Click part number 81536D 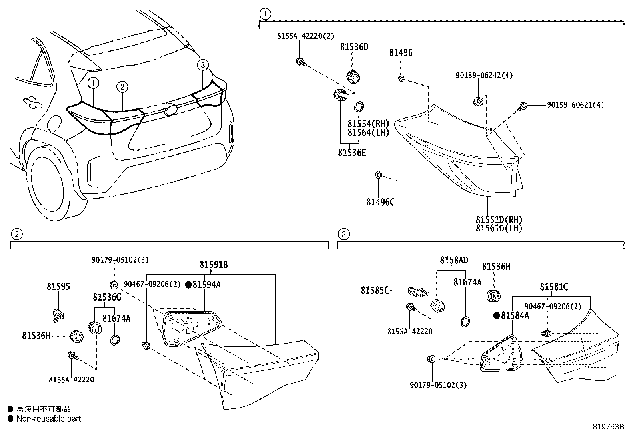354,47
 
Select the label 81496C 380,202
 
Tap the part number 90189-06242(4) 484,75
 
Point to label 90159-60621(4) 575,105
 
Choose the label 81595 58,287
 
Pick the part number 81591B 214,265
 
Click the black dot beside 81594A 189,285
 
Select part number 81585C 374,290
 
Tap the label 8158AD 454,260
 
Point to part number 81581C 553,287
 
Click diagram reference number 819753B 608,426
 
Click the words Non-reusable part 48,419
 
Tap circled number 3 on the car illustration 203,64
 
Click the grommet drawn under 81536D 353,76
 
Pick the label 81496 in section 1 401,52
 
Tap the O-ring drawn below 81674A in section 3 465,321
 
